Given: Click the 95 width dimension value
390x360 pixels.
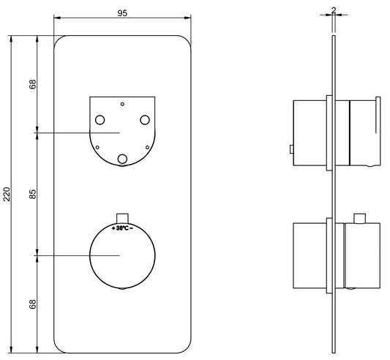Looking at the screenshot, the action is click(x=122, y=13).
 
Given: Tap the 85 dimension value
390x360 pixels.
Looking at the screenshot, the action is click(x=33, y=194).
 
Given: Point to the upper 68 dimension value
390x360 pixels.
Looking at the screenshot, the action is click(x=33, y=84).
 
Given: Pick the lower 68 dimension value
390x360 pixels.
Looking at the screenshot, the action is click(x=33, y=304).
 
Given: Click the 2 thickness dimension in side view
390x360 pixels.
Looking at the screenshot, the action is click(x=334, y=10).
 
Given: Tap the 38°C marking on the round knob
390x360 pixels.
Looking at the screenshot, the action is click(x=122, y=228).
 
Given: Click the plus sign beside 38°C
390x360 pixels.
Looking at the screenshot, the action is click(x=113, y=228).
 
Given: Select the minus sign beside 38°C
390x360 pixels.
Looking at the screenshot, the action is click(x=131, y=228).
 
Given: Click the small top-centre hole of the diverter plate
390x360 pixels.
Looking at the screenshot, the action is click(x=122, y=104).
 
